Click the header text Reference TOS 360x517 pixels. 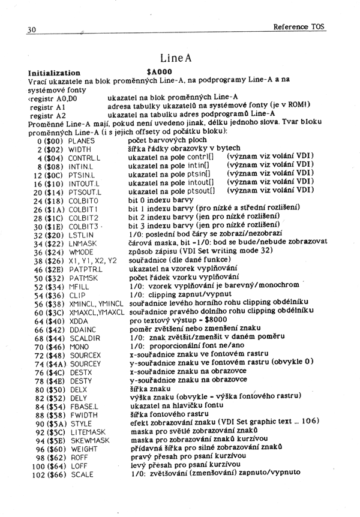click(299, 27)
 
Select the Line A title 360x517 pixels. click(175, 58)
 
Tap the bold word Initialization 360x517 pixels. click(54, 72)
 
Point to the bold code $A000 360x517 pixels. click(159, 71)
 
